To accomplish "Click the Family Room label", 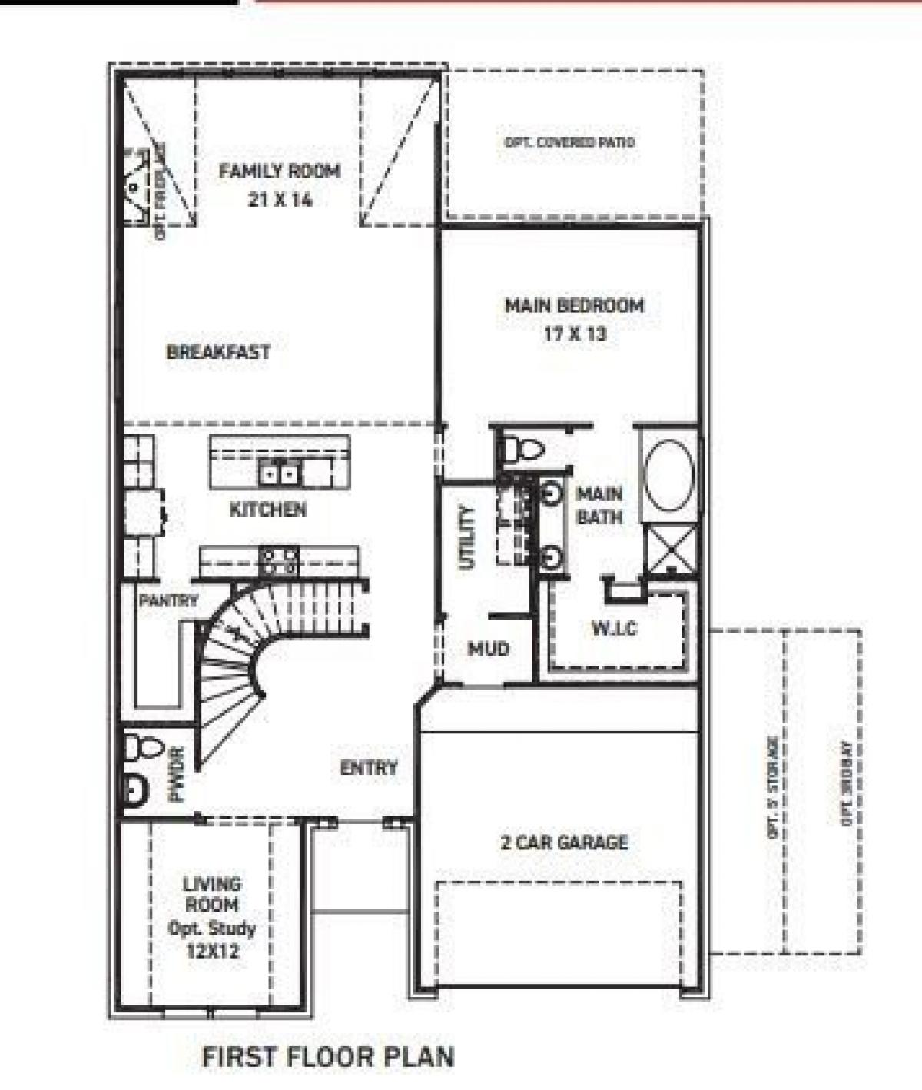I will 279,171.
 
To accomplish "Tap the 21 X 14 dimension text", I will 280,200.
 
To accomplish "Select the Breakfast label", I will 218,352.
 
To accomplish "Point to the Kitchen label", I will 268,509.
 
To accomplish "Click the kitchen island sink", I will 279,472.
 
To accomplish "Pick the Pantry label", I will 168,600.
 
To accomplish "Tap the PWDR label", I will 177,782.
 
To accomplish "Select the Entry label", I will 369,767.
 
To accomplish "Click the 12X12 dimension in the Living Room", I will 212,952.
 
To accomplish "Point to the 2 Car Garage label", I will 564,842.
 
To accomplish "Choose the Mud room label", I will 489,650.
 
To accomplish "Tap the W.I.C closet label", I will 614,628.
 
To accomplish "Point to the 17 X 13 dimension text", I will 574,334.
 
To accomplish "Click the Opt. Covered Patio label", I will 569,142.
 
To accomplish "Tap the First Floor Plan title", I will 327,1056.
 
